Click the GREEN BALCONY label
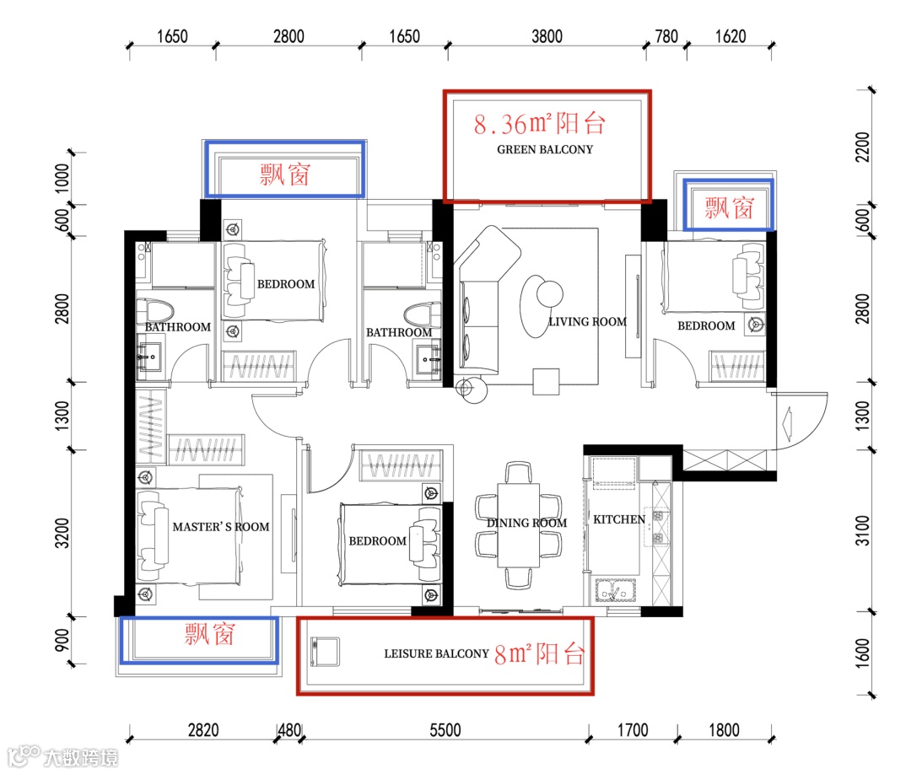(x=544, y=150)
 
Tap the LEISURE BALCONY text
(x=436, y=653)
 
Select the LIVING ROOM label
(x=587, y=322)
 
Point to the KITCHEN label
(x=619, y=519)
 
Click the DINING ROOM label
(x=526, y=523)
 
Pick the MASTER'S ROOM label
(x=221, y=527)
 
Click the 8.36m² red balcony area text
(x=540, y=124)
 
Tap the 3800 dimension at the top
(x=547, y=36)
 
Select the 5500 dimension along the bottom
(x=445, y=730)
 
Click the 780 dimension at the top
(x=666, y=36)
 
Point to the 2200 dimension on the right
(x=863, y=148)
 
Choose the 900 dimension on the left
(x=62, y=640)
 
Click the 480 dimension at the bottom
(x=289, y=730)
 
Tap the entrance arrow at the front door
(x=787, y=422)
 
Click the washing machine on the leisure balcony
(x=325, y=652)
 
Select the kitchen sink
(x=615, y=590)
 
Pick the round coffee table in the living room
(x=550, y=293)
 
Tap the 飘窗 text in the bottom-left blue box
(x=210, y=633)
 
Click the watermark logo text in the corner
(x=62, y=756)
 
